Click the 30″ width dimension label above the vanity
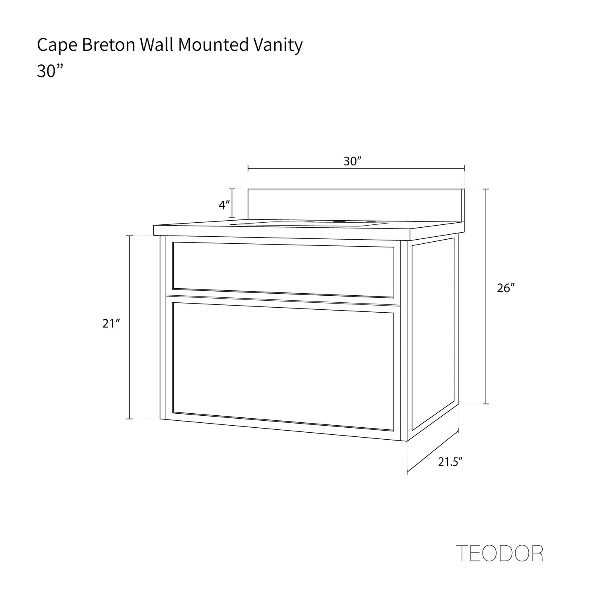(x=353, y=161)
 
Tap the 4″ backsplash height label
(x=224, y=205)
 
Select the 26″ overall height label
(x=506, y=288)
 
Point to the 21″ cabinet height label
(x=111, y=323)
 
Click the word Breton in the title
(x=108, y=45)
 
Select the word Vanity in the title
(x=278, y=46)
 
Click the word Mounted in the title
(x=213, y=45)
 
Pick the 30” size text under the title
(x=50, y=71)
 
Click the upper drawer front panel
(x=283, y=270)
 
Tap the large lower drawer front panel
(x=283, y=367)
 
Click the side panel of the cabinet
(x=433, y=334)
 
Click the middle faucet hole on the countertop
(x=341, y=221)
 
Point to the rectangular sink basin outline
(x=309, y=224)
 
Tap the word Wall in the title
(x=157, y=45)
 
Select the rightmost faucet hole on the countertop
(x=370, y=222)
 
